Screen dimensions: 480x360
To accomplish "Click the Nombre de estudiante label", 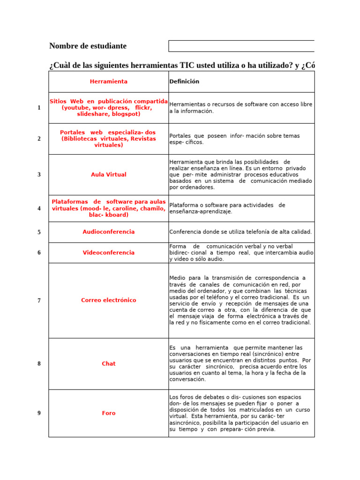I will pyautogui.click(x=88, y=46).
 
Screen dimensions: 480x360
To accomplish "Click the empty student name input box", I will pyautogui.click(x=241, y=46).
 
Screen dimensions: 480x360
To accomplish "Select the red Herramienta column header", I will pyautogui.click(x=108, y=82).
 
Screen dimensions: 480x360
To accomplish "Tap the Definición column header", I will pyautogui.click(x=184, y=82).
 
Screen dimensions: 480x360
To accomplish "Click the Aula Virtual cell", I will pyautogui.click(x=108, y=174).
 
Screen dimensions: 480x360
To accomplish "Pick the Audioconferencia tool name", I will pyautogui.click(x=108, y=232).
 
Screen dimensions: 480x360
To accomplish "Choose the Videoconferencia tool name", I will pyautogui.click(x=108, y=253).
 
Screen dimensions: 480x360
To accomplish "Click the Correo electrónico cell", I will pyautogui.click(x=108, y=300).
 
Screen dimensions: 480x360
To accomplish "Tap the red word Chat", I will pyautogui.click(x=108, y=364).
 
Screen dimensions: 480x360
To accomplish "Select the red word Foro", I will pyautogui.click(x=108, y=413).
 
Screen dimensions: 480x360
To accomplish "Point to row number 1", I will pyautogui.click(x=39, y=108).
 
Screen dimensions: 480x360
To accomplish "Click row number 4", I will pyautogui.click(x=39, y=209).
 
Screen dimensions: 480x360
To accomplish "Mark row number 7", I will pyautogui.click(x=39, y=300).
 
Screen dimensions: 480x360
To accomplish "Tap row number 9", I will pyautogui.click(x=39, y=413).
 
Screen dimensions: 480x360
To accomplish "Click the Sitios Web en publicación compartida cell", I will pyautogui.click(x=108, y=107).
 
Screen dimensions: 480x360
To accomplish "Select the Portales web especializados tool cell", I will pyautogui.click(x=108, y=139).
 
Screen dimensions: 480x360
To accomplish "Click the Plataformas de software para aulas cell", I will pyautogui.click(x=108, y=208).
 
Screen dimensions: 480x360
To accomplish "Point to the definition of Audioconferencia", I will pyautogui.click(x=240, y=232).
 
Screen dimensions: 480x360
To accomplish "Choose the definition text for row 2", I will pyautogui.click(x=234, y=139).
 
